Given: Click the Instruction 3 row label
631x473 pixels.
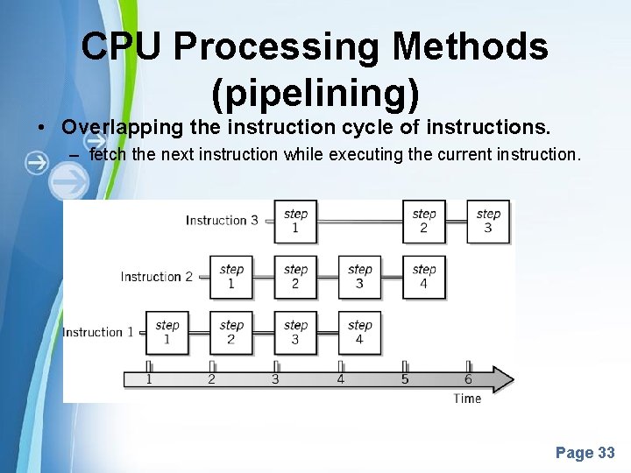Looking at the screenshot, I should (222, 221).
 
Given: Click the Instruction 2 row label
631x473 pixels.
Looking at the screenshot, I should (156, 277).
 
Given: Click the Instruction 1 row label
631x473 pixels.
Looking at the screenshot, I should (98, 332).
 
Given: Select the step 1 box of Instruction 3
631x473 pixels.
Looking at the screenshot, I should (295, 221).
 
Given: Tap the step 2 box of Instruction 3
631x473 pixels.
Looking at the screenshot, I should (424, 221).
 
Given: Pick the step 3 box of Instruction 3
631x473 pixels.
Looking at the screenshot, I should (488, 221).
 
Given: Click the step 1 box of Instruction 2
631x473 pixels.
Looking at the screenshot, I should (231, 277).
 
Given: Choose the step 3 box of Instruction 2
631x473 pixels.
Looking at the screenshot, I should (359, 277).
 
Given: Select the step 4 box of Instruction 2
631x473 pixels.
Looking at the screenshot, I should (424, 277).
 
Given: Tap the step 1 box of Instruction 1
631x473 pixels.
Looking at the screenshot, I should (167, 332).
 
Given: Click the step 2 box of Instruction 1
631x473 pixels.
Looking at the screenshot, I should (231, 332).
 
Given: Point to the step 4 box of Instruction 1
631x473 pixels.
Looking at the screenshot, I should (359, 332).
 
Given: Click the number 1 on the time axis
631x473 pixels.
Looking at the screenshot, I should (149, 379).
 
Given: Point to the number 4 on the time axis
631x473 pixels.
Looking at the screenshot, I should (341, 379).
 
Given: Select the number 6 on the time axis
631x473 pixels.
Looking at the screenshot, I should (468, 379).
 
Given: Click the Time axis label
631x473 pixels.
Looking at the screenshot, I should (467, 399).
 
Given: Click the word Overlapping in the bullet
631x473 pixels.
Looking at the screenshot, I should (121, 127).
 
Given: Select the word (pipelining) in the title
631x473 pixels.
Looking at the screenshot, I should (315, 89).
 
